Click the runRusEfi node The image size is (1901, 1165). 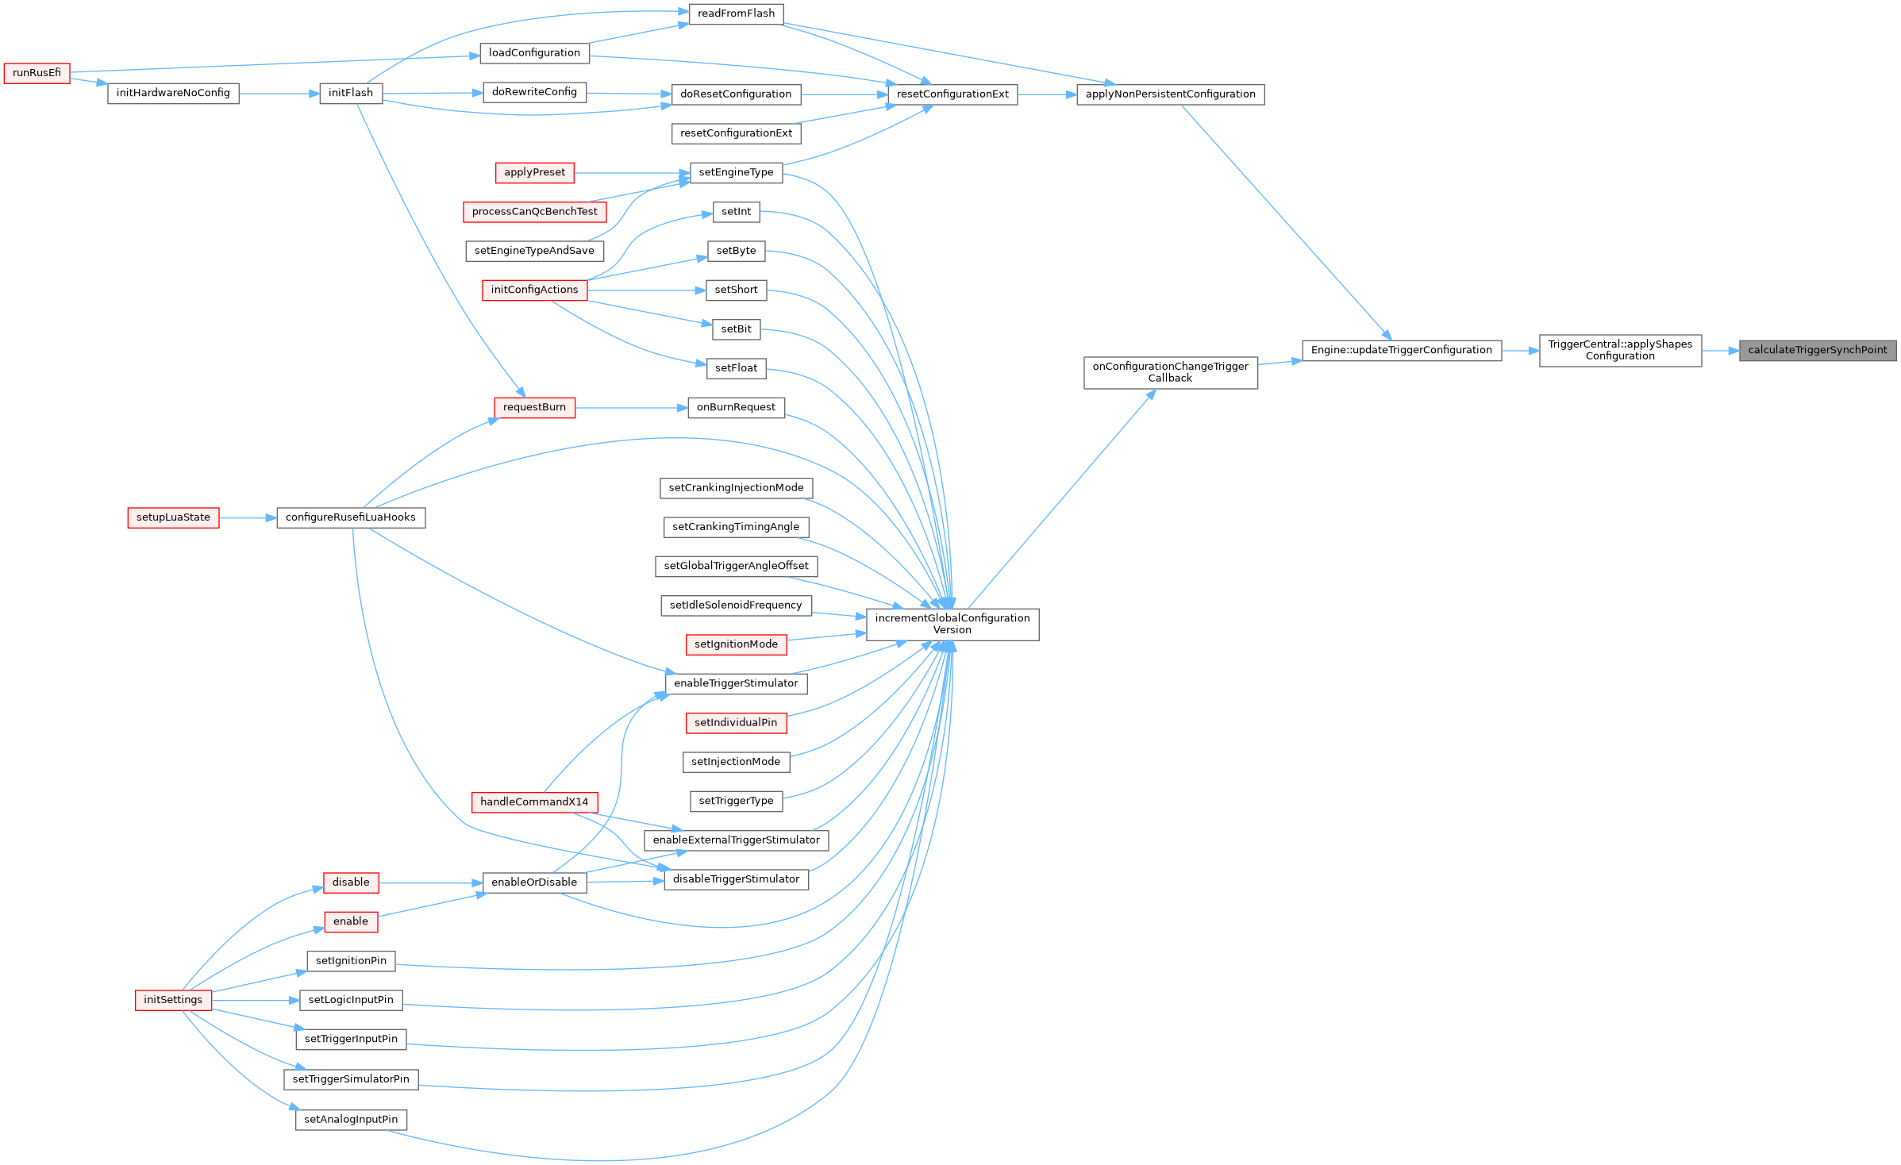pyautogui.click(x=37, y=73)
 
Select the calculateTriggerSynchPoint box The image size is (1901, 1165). pyautogui.click(x=1818, y=351)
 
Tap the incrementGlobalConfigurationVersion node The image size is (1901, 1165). pyautogui.click(x=952, y=625)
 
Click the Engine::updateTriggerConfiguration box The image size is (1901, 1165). pyautogui.click(x=1402, y=351)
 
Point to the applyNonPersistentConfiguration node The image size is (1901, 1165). pyautogui.click(x=1171, y=94)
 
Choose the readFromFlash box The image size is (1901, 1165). pyautogui.click(x=737, y=14)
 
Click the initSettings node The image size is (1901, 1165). pyautogui.click(x=173, y=1000)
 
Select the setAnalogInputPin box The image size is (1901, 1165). pyautogui.click(x=351, y=1120)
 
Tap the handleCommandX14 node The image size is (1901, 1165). pyautogui.click(x=534, y=802)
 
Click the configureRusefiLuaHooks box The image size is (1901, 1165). pyautogui.click(x=351, y=518)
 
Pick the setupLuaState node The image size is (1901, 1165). pyautogui.click(x=173, y=518)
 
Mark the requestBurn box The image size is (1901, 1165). pyautogui.click(x=534, y=408)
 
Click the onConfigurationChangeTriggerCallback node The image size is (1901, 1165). pyautogui.click(x=1171, y=373)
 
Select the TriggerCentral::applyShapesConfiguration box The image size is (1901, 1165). pyautogui.click(x=1620, y=351)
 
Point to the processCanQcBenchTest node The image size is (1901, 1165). pyautogui.click(x=534, y=212)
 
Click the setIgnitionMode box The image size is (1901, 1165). pyautogui.click(x=736, y=644)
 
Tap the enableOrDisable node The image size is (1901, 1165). pyautogui.click(x=534, y=882)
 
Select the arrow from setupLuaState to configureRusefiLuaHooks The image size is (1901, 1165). pyautogui.click(x=248, y=518)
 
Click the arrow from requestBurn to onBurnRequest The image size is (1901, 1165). pyautogui.click(x=632, y=408)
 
